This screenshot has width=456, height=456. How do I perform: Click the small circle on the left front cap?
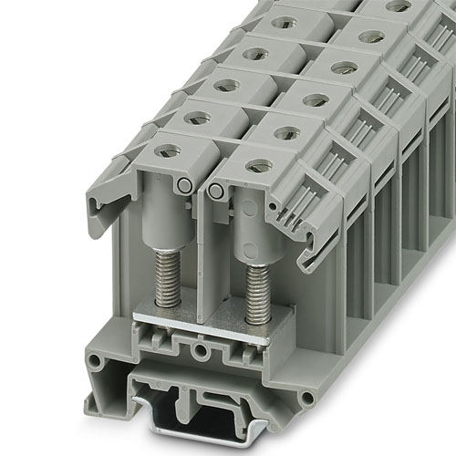[185, 185]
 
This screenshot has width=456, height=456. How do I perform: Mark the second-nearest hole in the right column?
[287, 132]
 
